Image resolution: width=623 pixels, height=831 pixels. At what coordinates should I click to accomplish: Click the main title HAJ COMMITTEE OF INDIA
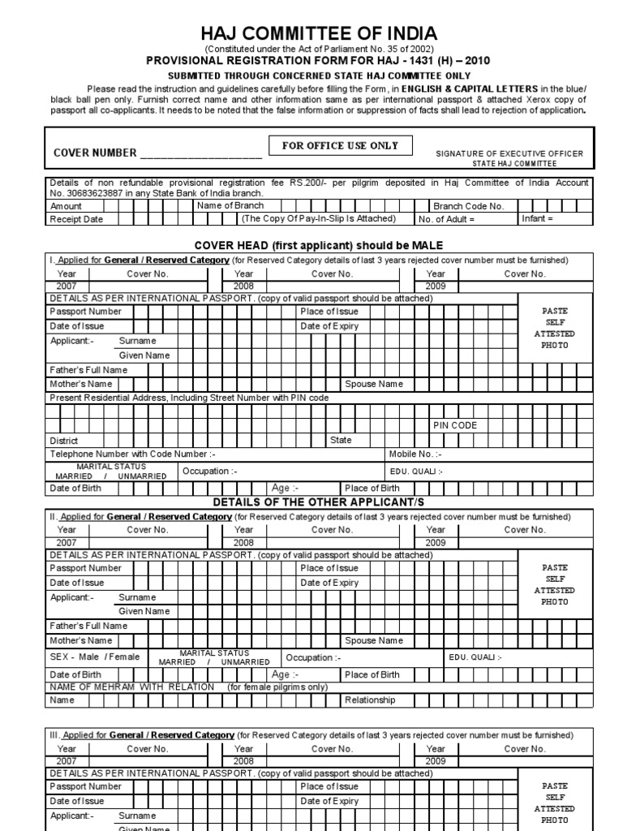[x=320, y=33]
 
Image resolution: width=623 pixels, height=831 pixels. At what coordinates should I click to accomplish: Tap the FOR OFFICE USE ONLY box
[x=340, y=146]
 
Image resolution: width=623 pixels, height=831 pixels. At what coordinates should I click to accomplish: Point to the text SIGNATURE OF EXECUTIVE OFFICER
[x=509, y=153]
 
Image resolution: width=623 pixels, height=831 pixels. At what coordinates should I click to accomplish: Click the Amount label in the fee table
[x=67, y=206]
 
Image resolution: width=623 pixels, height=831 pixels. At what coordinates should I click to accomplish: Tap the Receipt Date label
[x=76, y=219]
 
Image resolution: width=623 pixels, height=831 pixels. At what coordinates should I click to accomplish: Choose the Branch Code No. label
[x=468, y=206]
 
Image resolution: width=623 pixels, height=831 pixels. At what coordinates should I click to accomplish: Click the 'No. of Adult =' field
[x=446, y=219]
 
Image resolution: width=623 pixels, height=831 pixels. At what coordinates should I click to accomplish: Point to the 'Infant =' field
[x=537, y=219]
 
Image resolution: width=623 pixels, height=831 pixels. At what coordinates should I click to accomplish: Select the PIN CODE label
[x=454, y=425]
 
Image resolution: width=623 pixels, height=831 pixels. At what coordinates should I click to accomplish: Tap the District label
[x=64, y=440]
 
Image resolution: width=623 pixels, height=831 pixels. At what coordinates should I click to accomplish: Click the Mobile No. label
[x=415, y=454]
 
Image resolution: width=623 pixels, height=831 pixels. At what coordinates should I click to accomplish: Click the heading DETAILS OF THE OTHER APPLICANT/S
[x=318, y=502]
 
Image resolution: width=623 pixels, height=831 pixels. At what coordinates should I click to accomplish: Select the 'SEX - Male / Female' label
[x=95, y=657]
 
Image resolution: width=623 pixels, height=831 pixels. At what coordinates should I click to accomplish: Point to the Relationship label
[x=370, y=700]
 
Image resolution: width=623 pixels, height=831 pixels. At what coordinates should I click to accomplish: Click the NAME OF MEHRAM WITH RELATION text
[x=132, y=687]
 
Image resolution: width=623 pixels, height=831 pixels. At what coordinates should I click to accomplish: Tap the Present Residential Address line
[x=189, y=398]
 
